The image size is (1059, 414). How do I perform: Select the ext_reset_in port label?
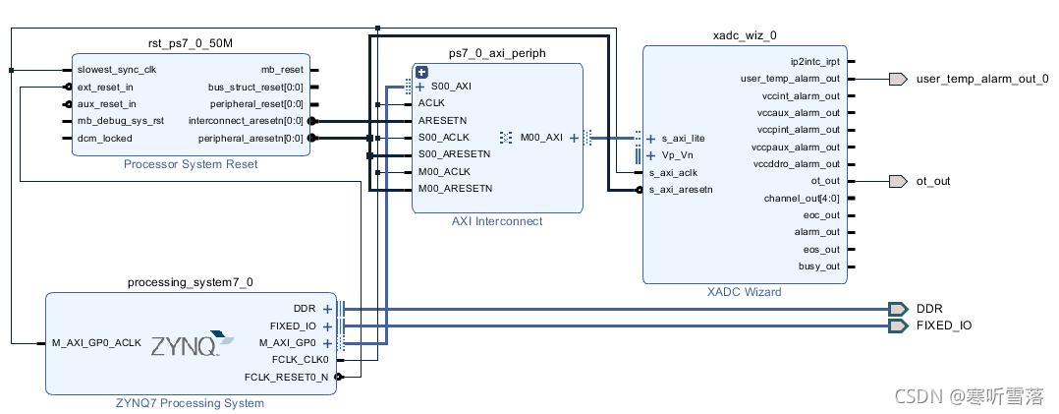(105, 87)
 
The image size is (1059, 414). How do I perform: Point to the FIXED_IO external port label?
(944, 325)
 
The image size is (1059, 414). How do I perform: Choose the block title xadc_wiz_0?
(744, 35)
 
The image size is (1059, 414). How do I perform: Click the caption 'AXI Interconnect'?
(496, 221)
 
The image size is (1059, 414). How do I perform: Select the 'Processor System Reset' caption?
(191, 164)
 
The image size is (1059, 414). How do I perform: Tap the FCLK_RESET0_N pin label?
(286, 377)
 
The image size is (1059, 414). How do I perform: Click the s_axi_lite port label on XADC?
(683, 139)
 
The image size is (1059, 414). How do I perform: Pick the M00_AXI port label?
(541, 138)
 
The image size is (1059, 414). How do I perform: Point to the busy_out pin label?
(819, 266)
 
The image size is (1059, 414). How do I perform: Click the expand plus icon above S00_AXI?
(421, 72)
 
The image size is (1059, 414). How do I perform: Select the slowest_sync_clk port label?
(116, 70)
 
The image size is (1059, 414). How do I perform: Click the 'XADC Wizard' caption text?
(744, 292)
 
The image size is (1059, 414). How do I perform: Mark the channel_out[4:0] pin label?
(802, 199)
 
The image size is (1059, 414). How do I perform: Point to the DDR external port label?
(929, 309)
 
